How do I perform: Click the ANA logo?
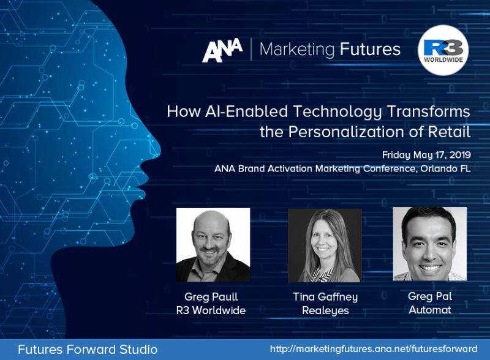coord(222,51)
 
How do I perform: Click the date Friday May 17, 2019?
coord(426,155)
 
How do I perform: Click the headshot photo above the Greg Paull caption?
coord(213,244)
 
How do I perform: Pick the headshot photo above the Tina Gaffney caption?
coord(325,245)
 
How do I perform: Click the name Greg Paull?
coord(211,297)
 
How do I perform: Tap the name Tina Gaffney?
coord(325,297)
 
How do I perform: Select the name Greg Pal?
coord(429,296)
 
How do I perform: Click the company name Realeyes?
coord(325,310)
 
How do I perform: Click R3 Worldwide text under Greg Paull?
coord(211,310)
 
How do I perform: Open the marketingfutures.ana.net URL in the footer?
coord(374,349)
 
